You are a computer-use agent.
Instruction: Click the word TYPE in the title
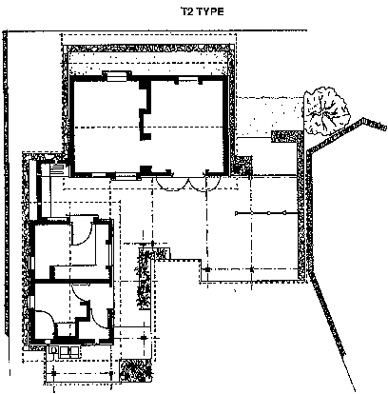[x=210, y=11]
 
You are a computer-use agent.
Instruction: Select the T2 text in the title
[x=187, y=11]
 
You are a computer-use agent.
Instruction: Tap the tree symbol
[x=326, y=110]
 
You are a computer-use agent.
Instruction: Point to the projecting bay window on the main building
[x=117, y=76]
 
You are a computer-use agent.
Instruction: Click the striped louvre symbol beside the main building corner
[x=58, y=168]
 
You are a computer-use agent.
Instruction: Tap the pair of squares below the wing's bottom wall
[x=69, y=351]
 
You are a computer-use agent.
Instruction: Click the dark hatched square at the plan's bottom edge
[x=136, y=371]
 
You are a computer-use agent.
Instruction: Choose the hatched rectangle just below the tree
[x=286, y=137]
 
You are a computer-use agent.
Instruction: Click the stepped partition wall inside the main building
[x=145, y=110]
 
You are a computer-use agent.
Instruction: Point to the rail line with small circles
[x=266, y=213]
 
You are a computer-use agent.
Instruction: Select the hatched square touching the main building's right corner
[x=244, y=165]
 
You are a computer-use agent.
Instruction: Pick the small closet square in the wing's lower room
[x=67, y=330]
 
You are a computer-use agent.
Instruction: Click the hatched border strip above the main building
[x=148, y=49]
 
